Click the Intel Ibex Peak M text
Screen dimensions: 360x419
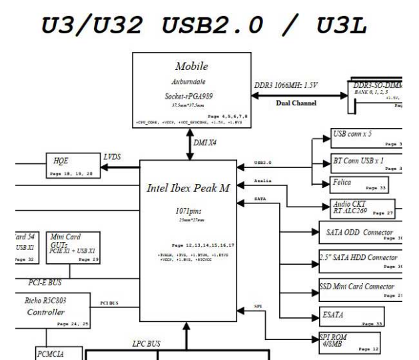click(187, 188)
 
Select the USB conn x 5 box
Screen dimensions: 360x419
click(366, 139)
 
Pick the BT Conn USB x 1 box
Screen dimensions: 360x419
click(366, 162)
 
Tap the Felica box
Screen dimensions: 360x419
click(358, 184)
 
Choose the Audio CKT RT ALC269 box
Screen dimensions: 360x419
click(362, 207)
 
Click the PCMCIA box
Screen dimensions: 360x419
click(53, 352)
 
